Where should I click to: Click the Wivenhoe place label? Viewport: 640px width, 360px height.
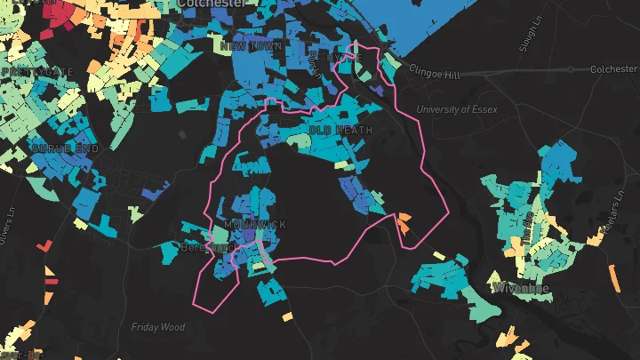point(520,289)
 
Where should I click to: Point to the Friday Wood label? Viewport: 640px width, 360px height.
point(158,327)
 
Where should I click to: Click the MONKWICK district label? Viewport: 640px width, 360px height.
point(256,225)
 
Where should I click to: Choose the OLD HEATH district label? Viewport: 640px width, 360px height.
point(341,130)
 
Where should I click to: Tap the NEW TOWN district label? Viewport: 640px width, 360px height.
point(252,46)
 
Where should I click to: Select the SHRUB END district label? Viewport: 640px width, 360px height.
point(64,148)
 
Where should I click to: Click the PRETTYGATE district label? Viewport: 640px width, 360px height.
point(38,71)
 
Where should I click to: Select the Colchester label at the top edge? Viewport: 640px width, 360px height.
point(212,4)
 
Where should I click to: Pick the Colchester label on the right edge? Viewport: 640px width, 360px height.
point(614,68)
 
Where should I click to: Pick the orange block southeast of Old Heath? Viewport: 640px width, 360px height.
point(404,223)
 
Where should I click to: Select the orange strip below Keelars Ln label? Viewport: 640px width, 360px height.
point(612,276)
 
